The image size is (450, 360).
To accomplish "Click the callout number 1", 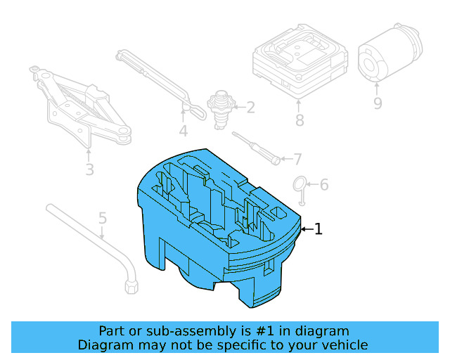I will (319, 229).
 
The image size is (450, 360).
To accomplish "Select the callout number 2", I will (250, 108).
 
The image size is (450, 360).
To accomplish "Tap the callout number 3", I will (89, 169).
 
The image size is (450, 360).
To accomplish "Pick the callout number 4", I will (183, 131).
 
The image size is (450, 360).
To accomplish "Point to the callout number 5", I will (103, 218).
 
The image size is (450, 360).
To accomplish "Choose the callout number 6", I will (323, 185).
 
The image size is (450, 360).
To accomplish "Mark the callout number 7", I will (297, 159).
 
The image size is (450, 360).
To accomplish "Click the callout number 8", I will (300, 120).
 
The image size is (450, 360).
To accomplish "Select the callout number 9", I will (377, 103).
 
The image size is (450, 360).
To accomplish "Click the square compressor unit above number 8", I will (299, 63).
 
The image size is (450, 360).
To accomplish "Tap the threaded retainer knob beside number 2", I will (221, 108).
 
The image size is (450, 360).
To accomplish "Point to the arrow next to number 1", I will (306, 229).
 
